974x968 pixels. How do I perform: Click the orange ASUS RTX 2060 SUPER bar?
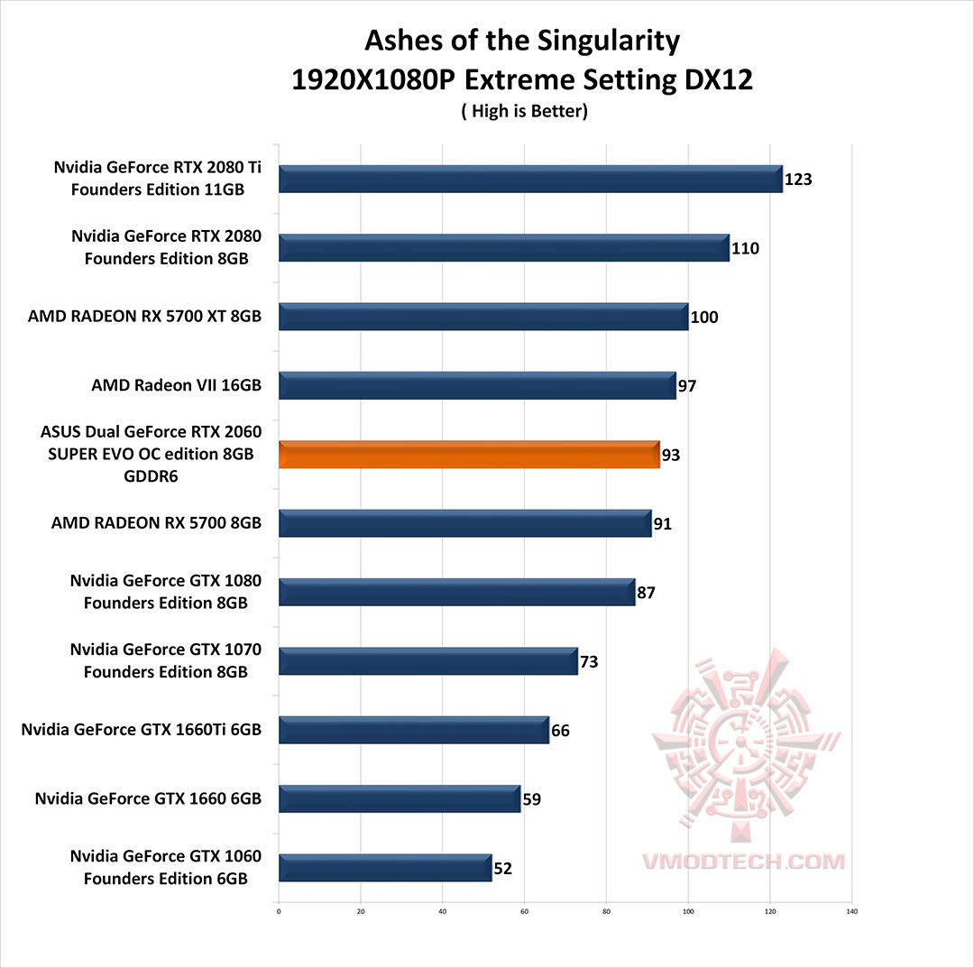pos(469,455)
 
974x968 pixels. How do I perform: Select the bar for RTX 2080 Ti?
pos(530,179)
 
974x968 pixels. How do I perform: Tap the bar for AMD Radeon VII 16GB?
pos(477,385)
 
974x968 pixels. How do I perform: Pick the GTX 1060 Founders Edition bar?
pos(385,868)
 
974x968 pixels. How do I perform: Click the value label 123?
pos(798,179)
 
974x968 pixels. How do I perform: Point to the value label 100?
pos(703,318)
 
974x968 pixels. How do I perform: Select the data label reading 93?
pos(671,456)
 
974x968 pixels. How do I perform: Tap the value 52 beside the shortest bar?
pos(503,869)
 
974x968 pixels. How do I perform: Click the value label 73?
pos(589,662)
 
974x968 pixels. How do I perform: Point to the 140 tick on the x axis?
pos(851,911)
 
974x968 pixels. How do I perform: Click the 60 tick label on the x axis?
pos(524,911)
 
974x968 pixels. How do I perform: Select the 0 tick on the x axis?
pos(279,911)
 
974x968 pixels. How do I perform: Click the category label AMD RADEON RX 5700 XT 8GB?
pos(144,317)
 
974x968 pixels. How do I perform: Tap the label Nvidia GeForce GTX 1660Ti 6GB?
pos(142,729)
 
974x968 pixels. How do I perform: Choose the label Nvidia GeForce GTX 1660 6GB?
pos(148,798)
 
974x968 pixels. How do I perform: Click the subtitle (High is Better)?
pos(523,112)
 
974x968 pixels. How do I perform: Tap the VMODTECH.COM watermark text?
pos(743,862)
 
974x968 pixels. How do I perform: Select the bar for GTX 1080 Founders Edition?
pos(457,593)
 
